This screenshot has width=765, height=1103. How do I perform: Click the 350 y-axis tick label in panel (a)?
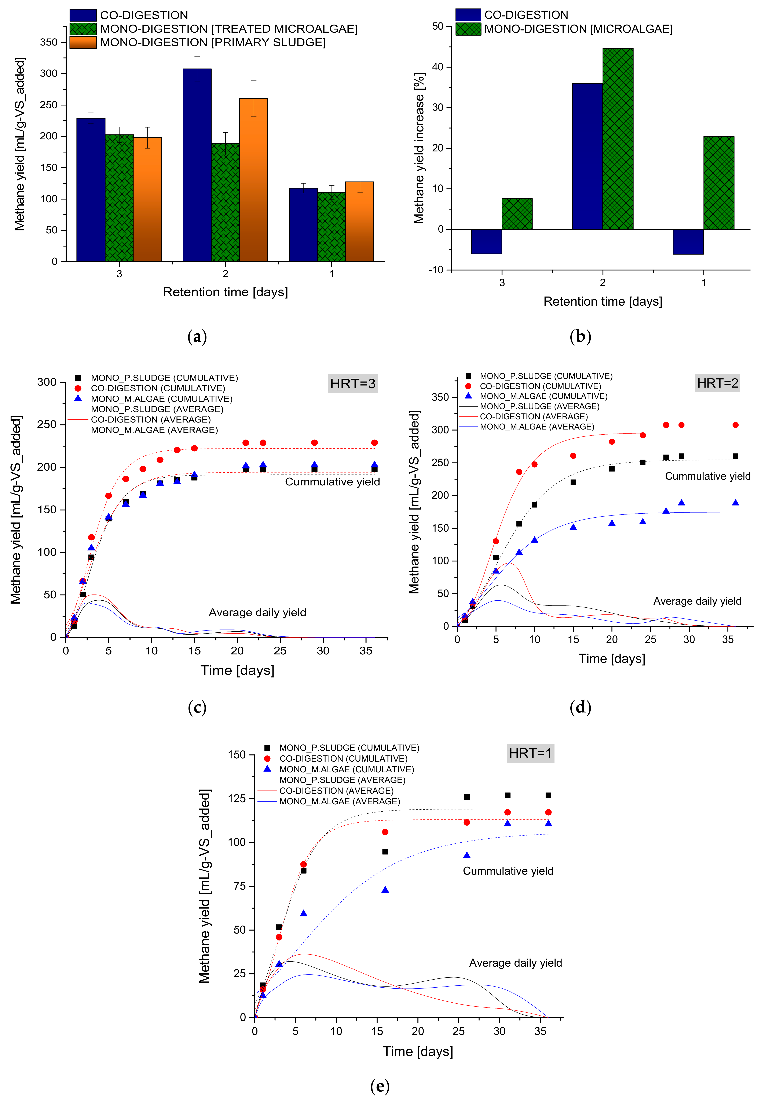[x=48, y=42]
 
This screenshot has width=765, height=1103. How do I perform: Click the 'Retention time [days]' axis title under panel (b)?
[x=603, y=301]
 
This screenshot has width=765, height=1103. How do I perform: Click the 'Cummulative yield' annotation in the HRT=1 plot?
[x=508, y=871]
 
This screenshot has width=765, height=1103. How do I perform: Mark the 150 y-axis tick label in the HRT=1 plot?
[x=236, y=755]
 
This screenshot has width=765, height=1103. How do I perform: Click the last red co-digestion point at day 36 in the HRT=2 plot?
[x=735, y=425]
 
